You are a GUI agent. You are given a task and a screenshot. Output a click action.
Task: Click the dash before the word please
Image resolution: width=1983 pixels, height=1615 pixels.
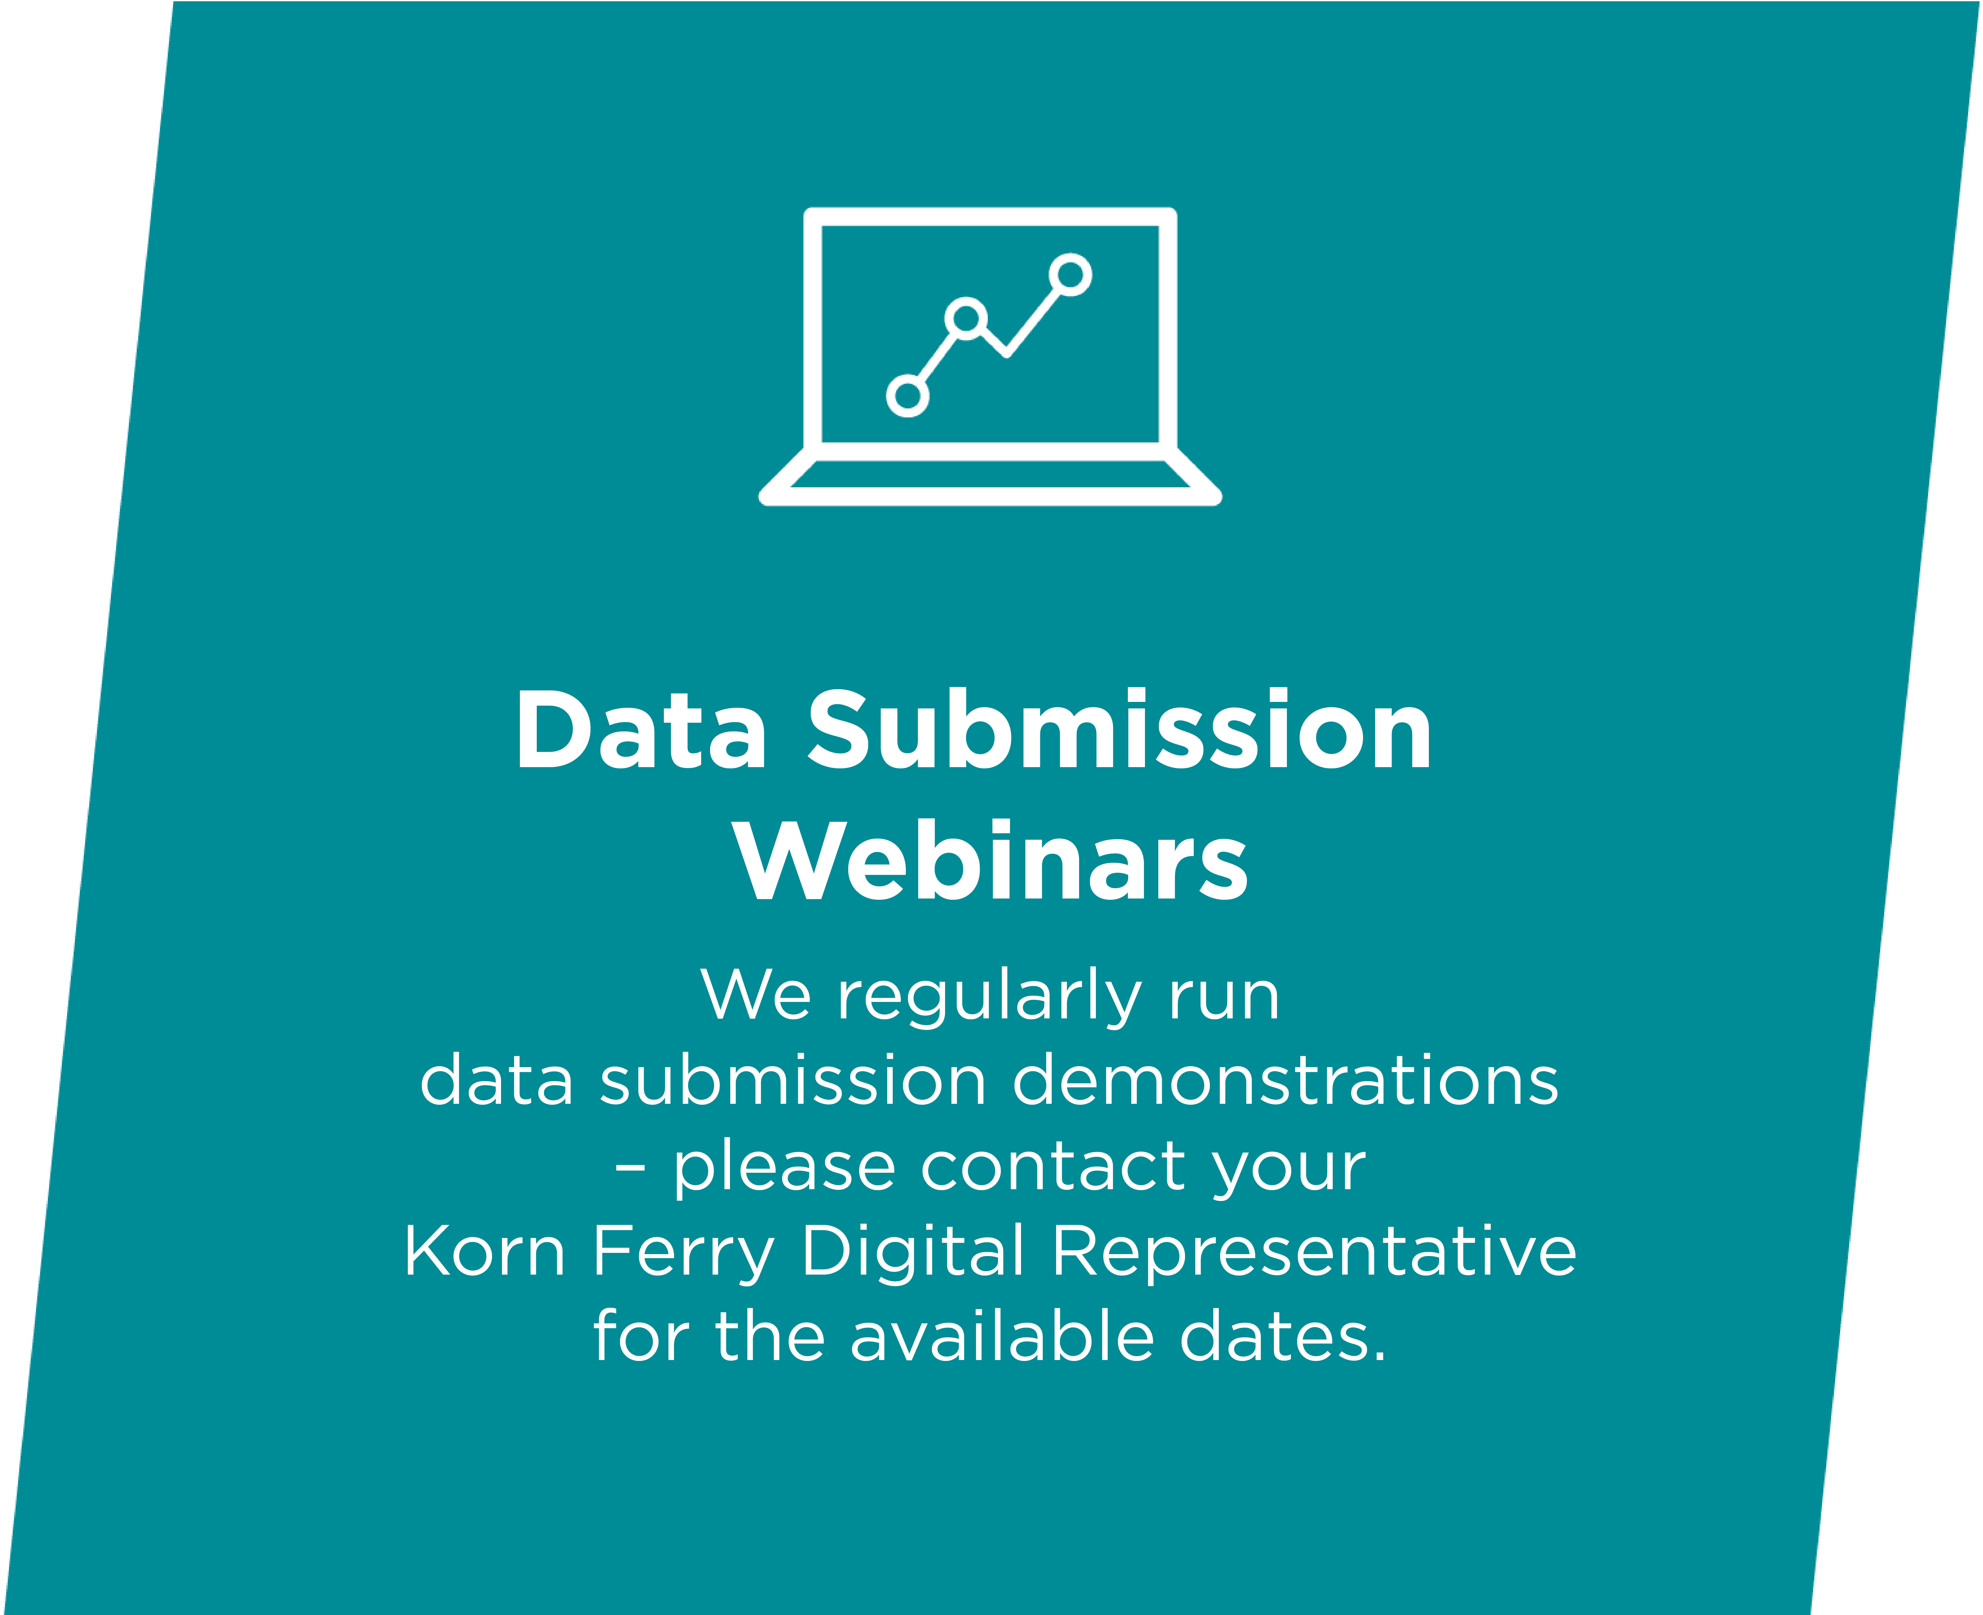coord(630,1167)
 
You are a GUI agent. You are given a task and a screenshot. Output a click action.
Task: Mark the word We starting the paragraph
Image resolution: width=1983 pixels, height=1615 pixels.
coord(756,995)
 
